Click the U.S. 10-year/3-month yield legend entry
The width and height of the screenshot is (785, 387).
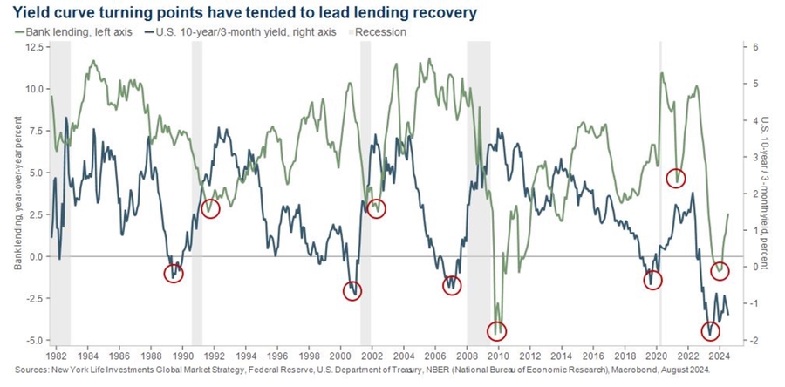click(232, 31)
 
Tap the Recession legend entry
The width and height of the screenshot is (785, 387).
click(379, 31)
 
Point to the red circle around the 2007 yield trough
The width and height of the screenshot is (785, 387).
click(451, 285)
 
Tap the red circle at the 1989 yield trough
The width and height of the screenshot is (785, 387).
click(175, 273)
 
